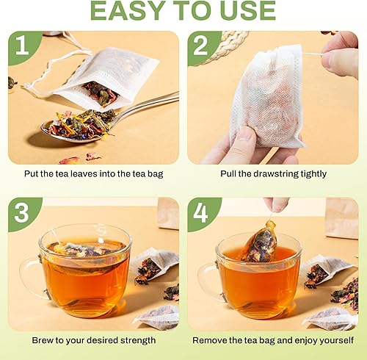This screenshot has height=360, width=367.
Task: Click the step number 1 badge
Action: pos(23,46)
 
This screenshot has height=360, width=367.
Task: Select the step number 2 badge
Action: pos(201,46)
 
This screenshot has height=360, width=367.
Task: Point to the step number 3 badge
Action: pos(22,212)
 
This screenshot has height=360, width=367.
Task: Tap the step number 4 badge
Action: pos(200,212)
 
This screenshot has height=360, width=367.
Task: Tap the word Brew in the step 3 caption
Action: pos(43,340)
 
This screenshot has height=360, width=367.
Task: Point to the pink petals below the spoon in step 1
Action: pos(81,158)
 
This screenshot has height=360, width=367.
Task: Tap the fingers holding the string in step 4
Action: pos(277,204)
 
